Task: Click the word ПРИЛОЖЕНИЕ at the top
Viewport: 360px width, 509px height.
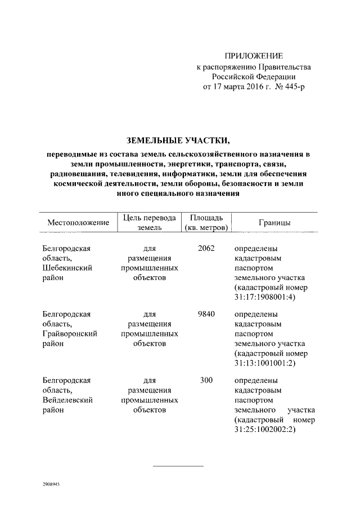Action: (254, 56)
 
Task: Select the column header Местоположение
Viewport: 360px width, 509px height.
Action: (78, 223)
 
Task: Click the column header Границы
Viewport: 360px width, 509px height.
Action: (274, 223)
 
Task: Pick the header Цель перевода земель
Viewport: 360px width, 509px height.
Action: (150, 223)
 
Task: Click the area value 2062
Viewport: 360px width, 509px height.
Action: (206, 248)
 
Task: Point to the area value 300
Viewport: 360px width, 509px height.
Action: (206, 380)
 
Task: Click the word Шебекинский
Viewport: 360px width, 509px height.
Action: (67, 268)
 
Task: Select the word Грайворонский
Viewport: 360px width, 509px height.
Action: (70, 334)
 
